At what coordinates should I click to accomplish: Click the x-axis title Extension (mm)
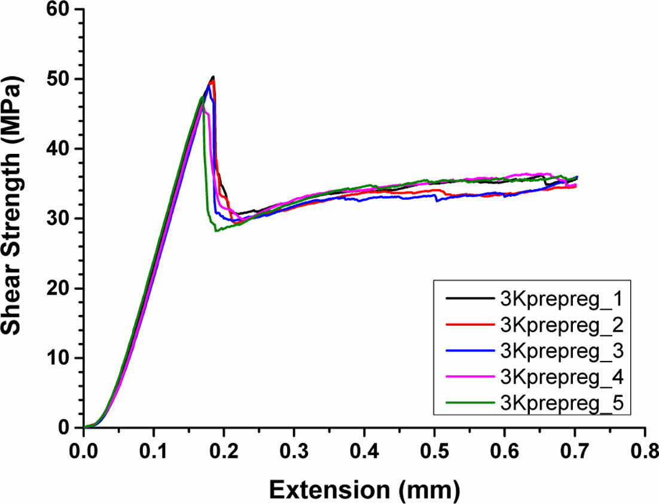pos(364,489)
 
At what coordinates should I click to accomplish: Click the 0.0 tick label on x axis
pos(84,450)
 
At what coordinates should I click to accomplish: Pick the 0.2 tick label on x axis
pos(224,450)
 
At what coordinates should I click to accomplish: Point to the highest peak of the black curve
pos(213,77)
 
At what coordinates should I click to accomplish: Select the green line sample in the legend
pos(469,404)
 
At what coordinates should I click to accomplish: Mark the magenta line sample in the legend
pos(469,378)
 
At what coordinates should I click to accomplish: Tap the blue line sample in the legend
pos(469,351)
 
